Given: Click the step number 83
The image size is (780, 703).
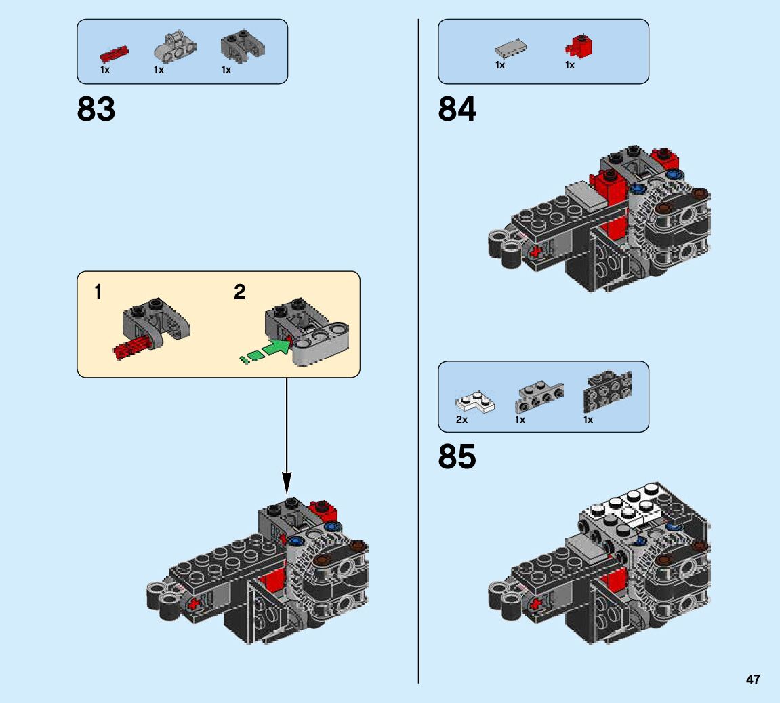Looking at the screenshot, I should point(96,109).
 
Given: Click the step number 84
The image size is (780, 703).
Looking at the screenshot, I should point(457,109).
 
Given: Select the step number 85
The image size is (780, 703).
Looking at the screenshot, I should point(457,457).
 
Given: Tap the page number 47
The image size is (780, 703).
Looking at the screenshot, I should point(753,680).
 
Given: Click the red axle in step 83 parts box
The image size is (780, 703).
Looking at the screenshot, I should point(114,53).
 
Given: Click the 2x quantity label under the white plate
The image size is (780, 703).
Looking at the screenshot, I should point(462,420).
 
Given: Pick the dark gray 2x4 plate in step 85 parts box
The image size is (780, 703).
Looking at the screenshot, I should point(607,390).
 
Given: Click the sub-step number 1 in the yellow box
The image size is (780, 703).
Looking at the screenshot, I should point(98,293).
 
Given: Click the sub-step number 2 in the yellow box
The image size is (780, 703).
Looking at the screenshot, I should point(239,293).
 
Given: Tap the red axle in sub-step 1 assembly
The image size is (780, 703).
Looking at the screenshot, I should point(131,348).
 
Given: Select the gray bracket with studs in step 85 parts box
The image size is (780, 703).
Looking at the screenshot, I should point(539,397).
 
